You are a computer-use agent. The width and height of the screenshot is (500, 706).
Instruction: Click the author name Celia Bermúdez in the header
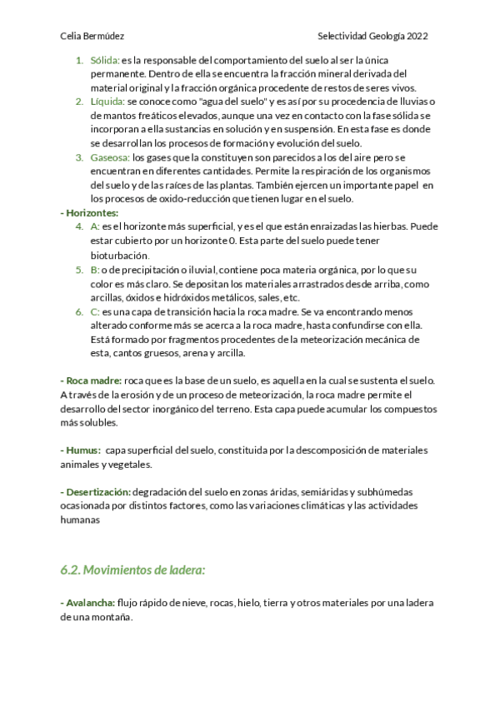93,37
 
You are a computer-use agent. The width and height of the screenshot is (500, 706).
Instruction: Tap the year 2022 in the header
416,37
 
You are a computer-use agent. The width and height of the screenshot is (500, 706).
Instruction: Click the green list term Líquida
107,102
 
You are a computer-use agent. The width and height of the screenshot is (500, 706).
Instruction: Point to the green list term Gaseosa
109,157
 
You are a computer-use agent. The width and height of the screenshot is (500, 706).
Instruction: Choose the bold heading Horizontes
92,212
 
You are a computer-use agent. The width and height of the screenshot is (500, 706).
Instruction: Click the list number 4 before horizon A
79,226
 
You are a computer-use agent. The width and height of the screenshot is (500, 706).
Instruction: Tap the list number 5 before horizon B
79,271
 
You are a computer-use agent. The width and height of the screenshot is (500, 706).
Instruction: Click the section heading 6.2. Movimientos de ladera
132,570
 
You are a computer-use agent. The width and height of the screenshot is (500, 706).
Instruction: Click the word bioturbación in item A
119,256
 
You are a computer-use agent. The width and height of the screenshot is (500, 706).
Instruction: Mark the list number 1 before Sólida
79,61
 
